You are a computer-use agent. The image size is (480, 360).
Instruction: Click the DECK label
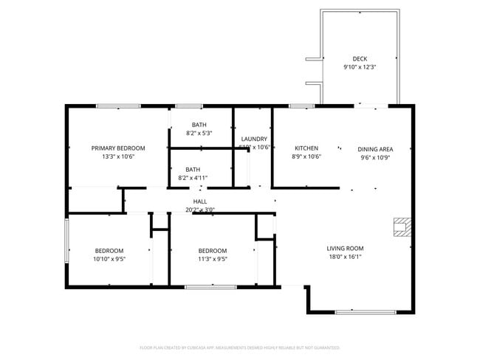click(360, 59)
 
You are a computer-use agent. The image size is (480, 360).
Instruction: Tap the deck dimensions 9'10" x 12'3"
click(360, 67)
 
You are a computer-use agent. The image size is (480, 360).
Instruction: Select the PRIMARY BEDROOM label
click(118, 148)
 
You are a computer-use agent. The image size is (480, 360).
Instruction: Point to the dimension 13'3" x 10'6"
click(118, 156)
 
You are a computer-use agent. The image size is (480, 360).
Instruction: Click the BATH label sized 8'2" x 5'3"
click(199, 125)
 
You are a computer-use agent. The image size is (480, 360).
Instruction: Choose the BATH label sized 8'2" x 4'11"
click(193, 169)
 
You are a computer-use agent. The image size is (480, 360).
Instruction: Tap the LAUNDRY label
click(254, 139)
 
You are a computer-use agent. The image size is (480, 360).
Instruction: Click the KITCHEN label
click(306, 148)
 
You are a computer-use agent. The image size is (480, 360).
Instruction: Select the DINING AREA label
click(374, 148)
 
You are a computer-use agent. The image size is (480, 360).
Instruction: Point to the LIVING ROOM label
click(346, 249)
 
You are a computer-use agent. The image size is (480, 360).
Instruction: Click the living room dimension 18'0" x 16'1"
click(346, 257)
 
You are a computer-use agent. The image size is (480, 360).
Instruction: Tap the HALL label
click(200, 201)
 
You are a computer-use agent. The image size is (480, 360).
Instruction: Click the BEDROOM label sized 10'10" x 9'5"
click(109, 251)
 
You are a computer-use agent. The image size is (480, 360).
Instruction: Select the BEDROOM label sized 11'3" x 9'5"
click(212, 251)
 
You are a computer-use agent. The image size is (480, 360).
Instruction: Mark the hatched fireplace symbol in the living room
click(401, 227)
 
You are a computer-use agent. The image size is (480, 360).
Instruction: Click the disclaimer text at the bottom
click(239, 347)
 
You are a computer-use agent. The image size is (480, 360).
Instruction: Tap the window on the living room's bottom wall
click(360, 312)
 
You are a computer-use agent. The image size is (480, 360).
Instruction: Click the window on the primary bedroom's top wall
click(118, 106)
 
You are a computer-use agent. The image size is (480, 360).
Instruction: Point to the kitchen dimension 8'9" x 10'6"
click(306, 156)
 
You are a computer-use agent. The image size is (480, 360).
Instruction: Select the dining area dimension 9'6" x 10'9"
click(374, 157)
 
